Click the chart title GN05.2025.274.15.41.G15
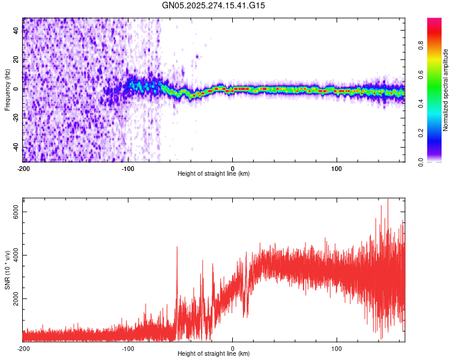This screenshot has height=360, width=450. (x=214, y=5)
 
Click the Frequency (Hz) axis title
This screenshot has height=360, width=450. (x=7, y=90)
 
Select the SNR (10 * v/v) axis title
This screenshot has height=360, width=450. (x=7, y=270)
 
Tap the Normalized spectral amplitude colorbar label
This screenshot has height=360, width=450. (x=445, y=90)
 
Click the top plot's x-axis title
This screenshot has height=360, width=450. (x=214, y=173)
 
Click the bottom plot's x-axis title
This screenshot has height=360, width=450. (x=214, y=353)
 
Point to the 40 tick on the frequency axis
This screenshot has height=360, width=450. (x=17, y=31)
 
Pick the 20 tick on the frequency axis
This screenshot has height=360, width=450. (x=17, y=60)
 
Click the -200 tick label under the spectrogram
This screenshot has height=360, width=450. (x=23, y=168)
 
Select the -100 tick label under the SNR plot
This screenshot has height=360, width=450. (x=128, y=348)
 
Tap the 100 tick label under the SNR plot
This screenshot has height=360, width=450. (x=337, y=348)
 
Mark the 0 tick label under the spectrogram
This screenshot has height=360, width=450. (x=233, y=168)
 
